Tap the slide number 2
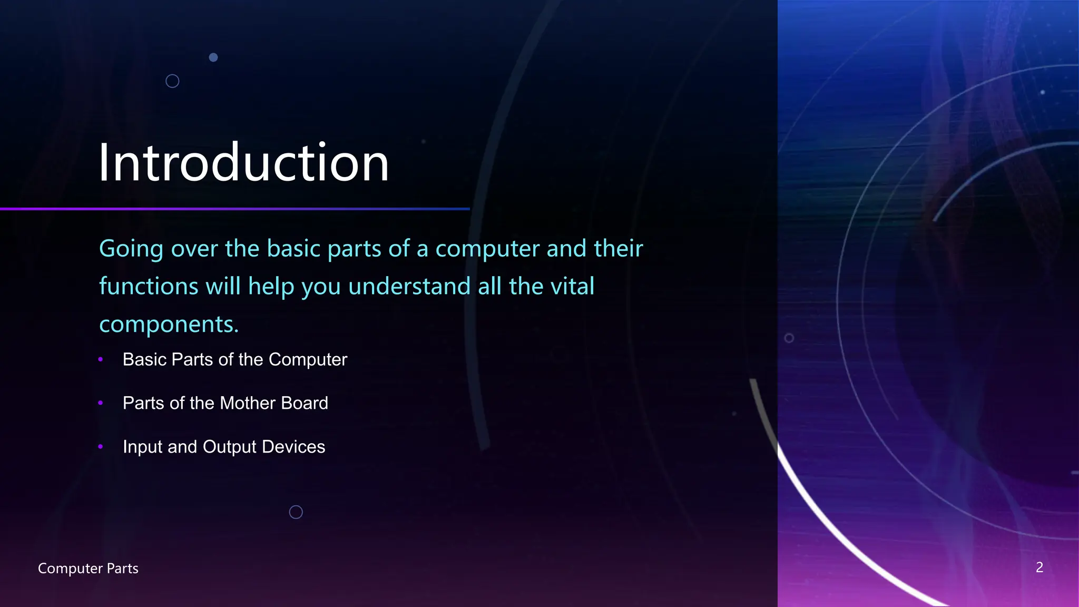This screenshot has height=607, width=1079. pos(1039,567)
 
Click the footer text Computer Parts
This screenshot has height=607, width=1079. pos(88,569)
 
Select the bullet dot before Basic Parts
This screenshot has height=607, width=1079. pos(101,359)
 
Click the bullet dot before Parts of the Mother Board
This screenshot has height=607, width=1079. pos(101,403)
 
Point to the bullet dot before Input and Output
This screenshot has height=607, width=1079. pos(101,447)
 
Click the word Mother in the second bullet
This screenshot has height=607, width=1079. pos(248,403)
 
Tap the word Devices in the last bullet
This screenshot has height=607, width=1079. pos(293,447)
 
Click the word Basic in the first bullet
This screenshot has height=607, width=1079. pos(144,359)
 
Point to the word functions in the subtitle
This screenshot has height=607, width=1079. pos(149,287)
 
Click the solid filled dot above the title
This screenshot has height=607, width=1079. pos(213,57)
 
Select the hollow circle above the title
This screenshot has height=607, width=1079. pos(172,81)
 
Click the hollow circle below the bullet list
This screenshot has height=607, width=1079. pos(296,512)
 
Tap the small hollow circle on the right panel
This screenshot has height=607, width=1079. pos(789,338)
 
